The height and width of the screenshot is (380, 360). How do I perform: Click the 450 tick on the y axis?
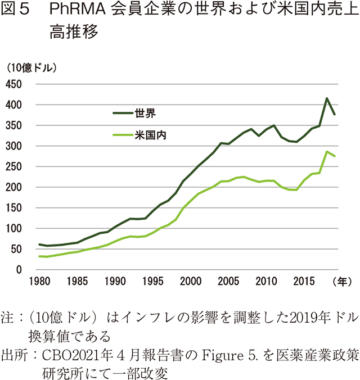point(13,84)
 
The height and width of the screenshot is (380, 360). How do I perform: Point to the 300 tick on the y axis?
point(13,146)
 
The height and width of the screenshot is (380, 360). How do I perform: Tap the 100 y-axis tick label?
point(13,229)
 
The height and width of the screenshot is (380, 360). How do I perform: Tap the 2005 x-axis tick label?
point(228,280)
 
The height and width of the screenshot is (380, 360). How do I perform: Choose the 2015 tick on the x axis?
point(305,280)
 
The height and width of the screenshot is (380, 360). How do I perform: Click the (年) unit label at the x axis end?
point(341,280)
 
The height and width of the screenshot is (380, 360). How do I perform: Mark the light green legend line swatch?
point(123,135)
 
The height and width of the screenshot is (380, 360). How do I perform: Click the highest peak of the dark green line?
point(327,98)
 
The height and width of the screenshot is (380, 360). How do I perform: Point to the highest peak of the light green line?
point(327,151)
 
